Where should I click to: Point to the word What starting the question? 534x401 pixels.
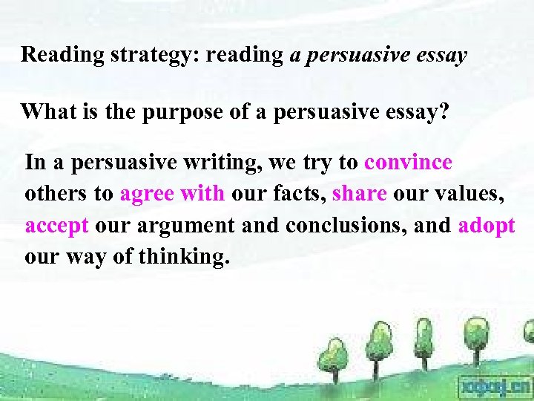(45, 112)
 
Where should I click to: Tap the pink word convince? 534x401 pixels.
(408, 162)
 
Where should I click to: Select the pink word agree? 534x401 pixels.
(146, 195)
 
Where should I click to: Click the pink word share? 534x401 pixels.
(360, 194)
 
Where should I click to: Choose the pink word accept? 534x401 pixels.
(57, 226)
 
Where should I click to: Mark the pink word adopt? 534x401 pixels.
(487, 226)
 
